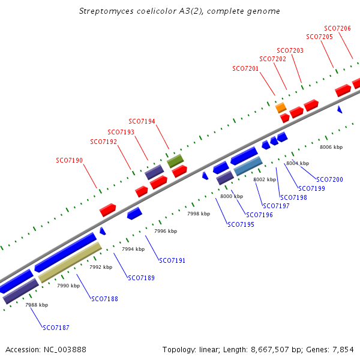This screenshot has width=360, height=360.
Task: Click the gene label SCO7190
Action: (x=69, y=160)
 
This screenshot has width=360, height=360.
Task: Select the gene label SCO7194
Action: (x=142, y=121)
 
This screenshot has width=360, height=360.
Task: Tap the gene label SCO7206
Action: (x=337, y=28)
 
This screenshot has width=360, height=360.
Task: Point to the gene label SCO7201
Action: (x=245, y=68)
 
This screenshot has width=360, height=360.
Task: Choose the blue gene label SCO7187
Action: (x=56, y=328)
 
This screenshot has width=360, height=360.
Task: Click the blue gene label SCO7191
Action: (x=172, y=260)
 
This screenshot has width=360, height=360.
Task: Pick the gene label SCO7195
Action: (x=241, y=224)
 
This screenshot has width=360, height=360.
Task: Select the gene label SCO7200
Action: (x=329, y=179)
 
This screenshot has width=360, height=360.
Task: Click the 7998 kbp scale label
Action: (x=199, y=214)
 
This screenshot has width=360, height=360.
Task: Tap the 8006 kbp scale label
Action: (x=331, y=147)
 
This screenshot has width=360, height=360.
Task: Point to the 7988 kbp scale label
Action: (x=37, y=305)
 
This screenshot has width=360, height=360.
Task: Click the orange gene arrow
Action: (x=281, y=108)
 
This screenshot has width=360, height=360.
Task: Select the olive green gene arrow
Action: (x=175, y=161)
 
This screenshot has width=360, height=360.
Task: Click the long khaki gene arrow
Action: (x=70, y=262)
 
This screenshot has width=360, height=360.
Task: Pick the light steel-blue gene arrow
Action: (x=248, y=166)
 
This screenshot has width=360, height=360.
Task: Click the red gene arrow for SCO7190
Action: (x=108, y=209)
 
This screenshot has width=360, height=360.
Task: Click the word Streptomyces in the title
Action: (x=103, y=11)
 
